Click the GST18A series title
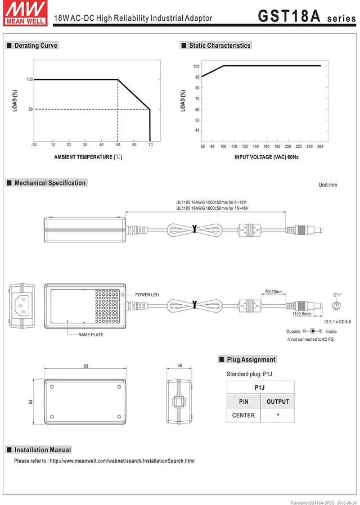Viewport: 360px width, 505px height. (x=306, y=16)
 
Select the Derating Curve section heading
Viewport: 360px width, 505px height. (x=35, y=46)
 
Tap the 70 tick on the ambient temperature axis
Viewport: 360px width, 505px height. (x=150, y=145)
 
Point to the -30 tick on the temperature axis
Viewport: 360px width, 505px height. (x=34, y=145)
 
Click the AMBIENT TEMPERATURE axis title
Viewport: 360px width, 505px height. (x=88, y=157)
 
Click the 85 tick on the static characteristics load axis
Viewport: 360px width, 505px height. (x=197, y=77)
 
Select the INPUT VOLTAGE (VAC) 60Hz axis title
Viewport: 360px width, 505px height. (x=267, y=157)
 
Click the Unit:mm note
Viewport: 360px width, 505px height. (x=327, y=185)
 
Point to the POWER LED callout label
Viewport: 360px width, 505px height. (x=147, y=295)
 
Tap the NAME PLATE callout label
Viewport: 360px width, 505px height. (x=91, y=335)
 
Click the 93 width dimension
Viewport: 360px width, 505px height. (x=86, y=366)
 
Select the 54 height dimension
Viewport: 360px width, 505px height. (x=31, y=402)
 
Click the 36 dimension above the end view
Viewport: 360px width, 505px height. (x=180, y=366)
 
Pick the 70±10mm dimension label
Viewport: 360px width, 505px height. (x=273, y=292)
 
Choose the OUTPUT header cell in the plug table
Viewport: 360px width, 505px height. (x=277, y=402)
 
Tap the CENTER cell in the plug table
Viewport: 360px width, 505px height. (x=244, y=415)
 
